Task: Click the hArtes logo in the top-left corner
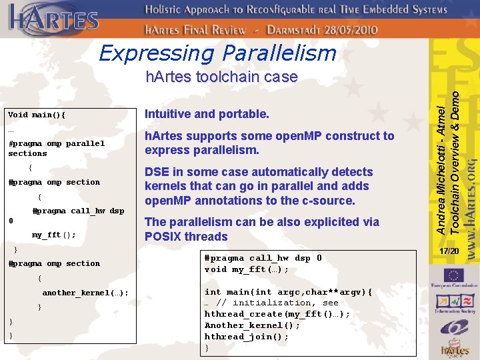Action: (x=53, y=20)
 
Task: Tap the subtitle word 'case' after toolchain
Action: (x=280, y=77)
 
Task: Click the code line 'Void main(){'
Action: (x=37, y=115)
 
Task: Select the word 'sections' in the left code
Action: (x=27, y=153)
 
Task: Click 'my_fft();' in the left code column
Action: (x=53, y=235)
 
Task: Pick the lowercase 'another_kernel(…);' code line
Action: (x=85, y=293)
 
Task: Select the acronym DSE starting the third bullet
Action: (x=158, y=172)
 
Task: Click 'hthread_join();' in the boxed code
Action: (x=247, y=337)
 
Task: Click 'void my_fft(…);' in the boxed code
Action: (x=247, y=269)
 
